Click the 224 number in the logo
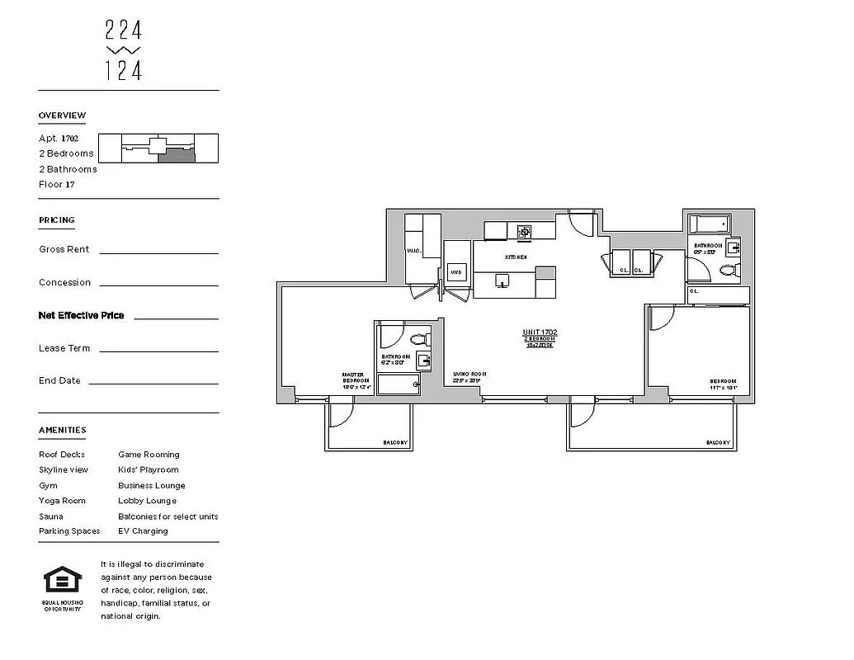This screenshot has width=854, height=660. point(124,31)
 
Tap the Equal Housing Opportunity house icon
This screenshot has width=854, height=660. point(63,580)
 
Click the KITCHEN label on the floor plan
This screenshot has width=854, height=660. point(516,257)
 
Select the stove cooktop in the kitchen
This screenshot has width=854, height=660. point(524,232)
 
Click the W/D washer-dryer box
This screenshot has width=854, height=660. point(455,271)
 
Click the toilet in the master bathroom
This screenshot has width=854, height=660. point(418,338)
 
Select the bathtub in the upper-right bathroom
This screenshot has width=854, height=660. point(709,224)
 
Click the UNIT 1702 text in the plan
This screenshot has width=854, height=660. point(540,332)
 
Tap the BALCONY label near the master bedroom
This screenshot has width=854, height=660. point(394,443)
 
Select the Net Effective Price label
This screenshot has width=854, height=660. point(81,315)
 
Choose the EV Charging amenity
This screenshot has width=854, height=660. point(143,531)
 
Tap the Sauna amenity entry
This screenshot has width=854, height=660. point(50,516)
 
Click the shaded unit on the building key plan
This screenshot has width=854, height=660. point(177,155)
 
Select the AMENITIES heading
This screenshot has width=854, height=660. point(62,430)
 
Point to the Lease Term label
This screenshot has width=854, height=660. point(64,348)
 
